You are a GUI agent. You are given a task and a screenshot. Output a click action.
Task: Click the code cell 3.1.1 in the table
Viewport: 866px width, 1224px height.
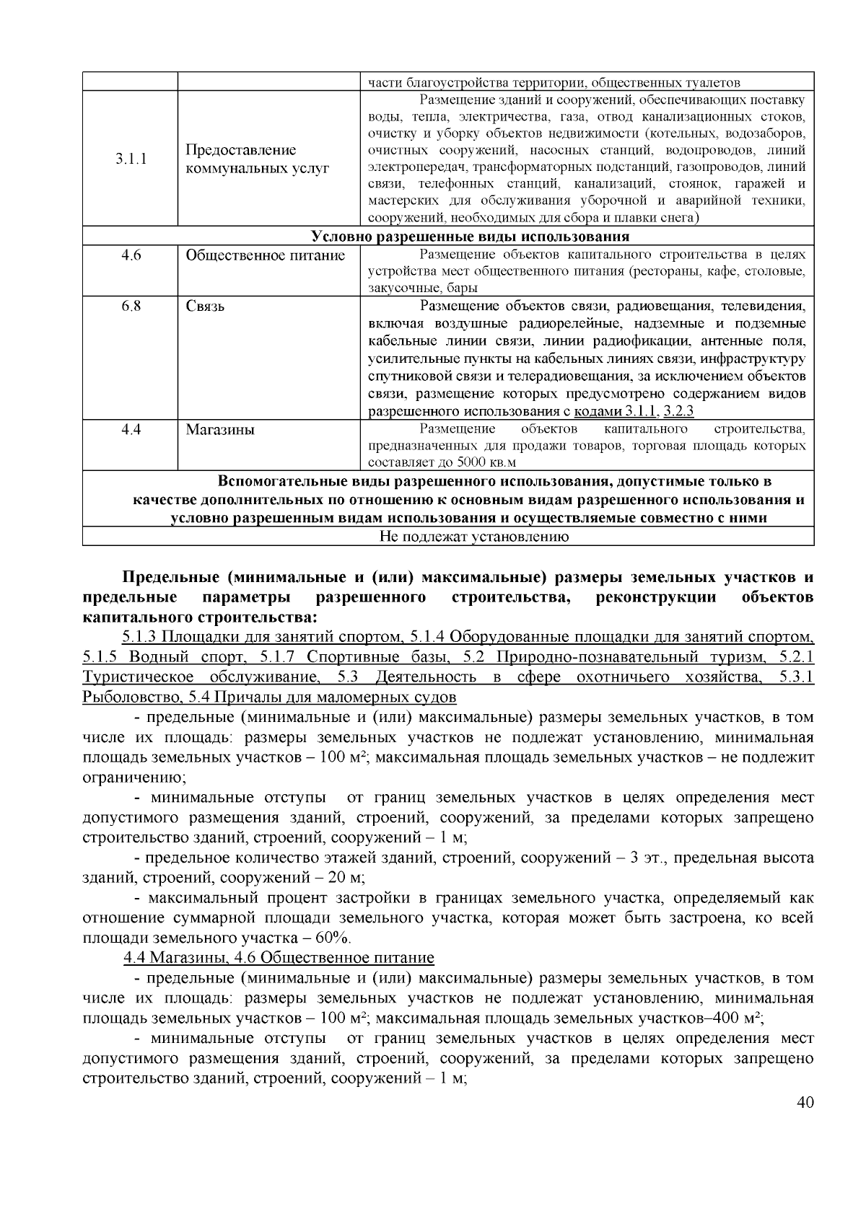pyautogui.click(x=131, y=159)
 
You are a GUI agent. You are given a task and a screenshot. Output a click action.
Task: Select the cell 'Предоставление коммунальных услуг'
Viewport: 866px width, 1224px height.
pyautogui.click(x=258, y=159)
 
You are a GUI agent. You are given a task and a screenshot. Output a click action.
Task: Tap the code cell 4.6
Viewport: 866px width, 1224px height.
pyautogui.click(x=131, y=255)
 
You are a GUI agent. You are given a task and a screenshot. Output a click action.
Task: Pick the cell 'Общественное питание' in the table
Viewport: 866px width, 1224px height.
pyautogui.click(x=266, y=255)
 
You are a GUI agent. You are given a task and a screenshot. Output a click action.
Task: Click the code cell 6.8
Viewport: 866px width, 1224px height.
pyautogui.click(x=131, y=306)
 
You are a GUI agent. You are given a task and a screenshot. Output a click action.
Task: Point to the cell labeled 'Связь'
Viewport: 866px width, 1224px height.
pyautogui.click(x=206, y=307)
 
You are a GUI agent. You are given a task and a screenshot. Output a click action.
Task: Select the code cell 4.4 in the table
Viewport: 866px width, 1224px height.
pyautogui.click(x=131, y=430)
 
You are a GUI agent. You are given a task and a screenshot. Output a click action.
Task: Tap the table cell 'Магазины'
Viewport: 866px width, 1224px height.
pyautogui.click(x=220, y=431)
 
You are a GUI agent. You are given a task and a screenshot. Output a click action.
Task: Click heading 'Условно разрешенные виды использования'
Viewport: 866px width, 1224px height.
pyautogui.click(x=470, y=237)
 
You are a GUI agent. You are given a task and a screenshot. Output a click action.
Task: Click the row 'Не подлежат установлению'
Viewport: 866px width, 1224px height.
pyautogui.click(x=473, y=537)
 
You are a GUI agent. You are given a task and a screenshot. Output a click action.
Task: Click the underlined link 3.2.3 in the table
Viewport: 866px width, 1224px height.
pyautogui.click(x=678, y=412)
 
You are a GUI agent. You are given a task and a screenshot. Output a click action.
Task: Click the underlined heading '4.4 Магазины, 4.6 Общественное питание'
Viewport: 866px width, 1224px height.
pyautogui.click(x=279, y=958)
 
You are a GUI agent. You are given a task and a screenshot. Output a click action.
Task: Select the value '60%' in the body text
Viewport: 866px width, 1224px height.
pyautogui.click(x=333, y=938)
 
